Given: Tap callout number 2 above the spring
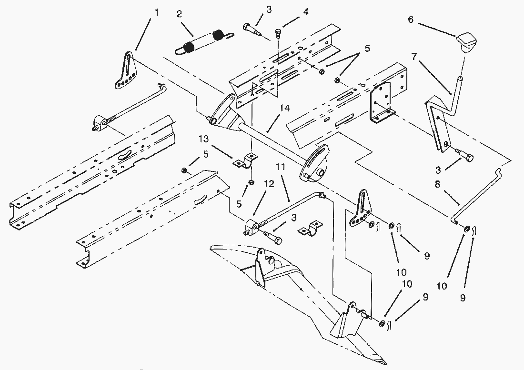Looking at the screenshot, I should click(x=179, y=14).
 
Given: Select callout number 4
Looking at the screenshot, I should click(x=305, y=11).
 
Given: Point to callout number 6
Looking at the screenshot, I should click(x=410, y=20).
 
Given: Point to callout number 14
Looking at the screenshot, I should click(x=285, y=109).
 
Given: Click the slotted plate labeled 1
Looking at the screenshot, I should click(x=126, y=71).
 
